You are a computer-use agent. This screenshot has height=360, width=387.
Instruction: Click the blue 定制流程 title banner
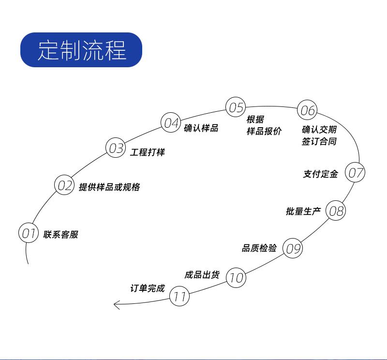click(81, 50)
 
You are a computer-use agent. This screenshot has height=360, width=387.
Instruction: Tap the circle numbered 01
click(28, 234)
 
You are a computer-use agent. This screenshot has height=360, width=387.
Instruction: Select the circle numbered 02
click(64, 186)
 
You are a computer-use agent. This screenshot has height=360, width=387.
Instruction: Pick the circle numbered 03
click(116, 148)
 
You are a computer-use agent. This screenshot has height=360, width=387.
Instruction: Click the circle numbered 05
click(236, 107)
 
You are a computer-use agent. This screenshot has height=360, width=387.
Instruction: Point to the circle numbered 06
click(307, 110)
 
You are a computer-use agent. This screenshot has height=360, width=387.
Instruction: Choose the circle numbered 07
click(356, 173)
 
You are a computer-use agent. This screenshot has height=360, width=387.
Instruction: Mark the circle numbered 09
click(292, 248)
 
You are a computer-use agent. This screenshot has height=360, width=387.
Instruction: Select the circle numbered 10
click(236, 278)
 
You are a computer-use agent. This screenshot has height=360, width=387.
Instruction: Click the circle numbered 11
click(179, 297)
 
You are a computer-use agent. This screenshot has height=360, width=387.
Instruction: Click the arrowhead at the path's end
click(116, 304)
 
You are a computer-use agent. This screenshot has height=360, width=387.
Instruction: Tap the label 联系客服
click(60, 235)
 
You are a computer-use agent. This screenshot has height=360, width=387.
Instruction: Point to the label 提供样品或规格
click(109, 187)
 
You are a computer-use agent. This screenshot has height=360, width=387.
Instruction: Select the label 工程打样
click(148, 152)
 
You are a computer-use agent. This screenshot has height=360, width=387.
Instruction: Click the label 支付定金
click(320, 174)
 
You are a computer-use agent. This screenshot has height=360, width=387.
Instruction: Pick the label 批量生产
click(303, 211)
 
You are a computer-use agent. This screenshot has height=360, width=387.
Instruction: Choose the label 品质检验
click(259, 248)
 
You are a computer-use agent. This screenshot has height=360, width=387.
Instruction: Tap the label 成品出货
click(202, 275)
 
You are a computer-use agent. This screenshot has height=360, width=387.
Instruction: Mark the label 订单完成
click(148, 288)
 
